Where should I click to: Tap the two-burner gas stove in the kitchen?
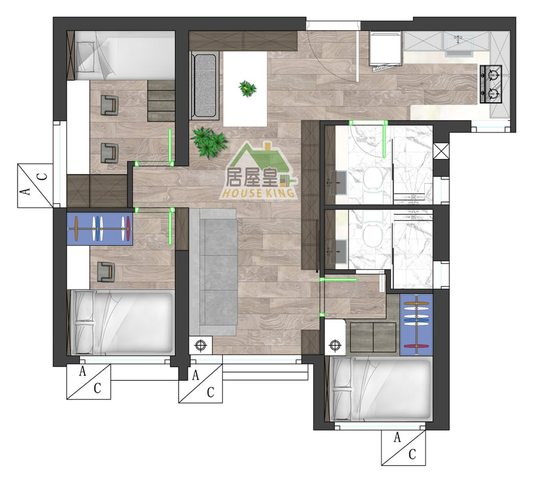[491, 84]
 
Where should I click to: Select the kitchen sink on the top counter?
[458, 44]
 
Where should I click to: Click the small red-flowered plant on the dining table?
[247, 88]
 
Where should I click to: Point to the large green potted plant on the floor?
[208, 142]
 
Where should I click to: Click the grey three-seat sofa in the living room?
[213, 272]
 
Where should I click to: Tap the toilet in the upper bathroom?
[373, 178]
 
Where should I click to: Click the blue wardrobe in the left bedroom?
[100, 229]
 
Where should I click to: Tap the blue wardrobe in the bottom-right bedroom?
[416, 325]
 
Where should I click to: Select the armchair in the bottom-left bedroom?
[105, 272]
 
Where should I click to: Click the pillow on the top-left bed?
[85, 56]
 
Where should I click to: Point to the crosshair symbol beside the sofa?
[201, 345]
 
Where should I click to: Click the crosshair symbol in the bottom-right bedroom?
[335, 345]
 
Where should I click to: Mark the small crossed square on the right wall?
[441, 151]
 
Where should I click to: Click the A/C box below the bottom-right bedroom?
[403, 448]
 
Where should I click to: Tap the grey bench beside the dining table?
[205, 86]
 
